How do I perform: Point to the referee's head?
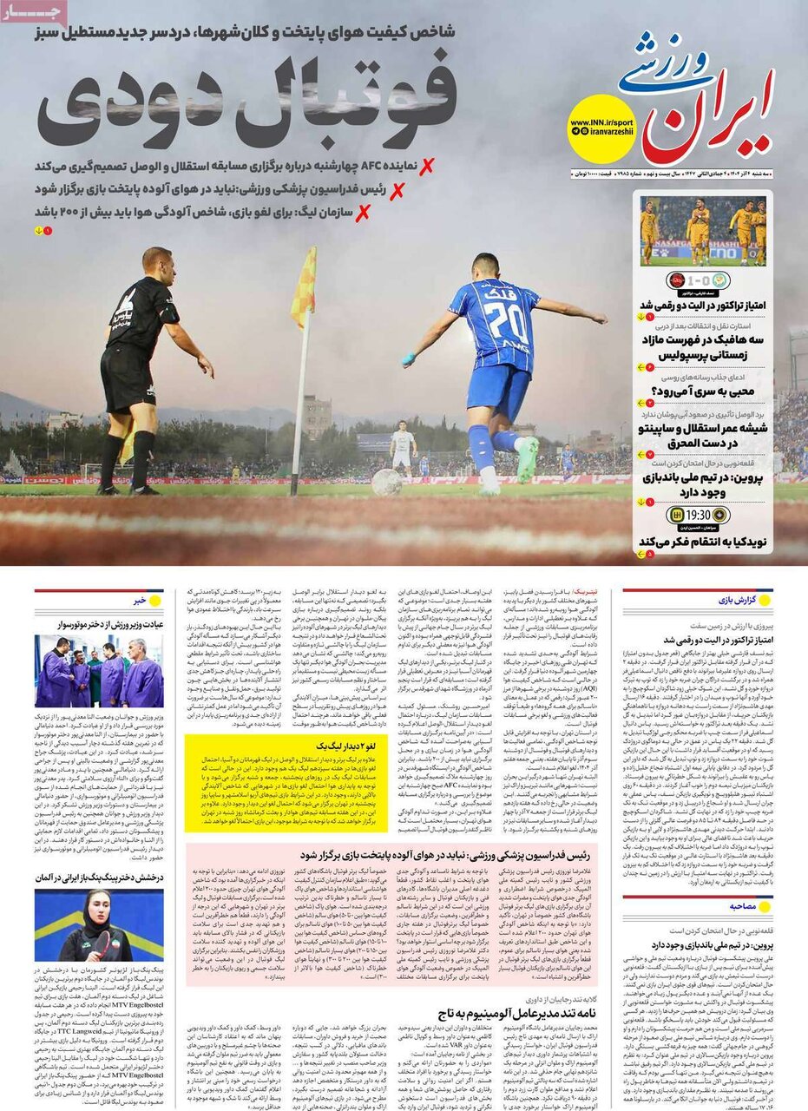(157, 262)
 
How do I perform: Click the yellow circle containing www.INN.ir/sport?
(602, 129)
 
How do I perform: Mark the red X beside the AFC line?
(425, 166)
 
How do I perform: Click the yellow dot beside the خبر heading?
(155, 601)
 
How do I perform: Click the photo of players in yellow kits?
(704, 230)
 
